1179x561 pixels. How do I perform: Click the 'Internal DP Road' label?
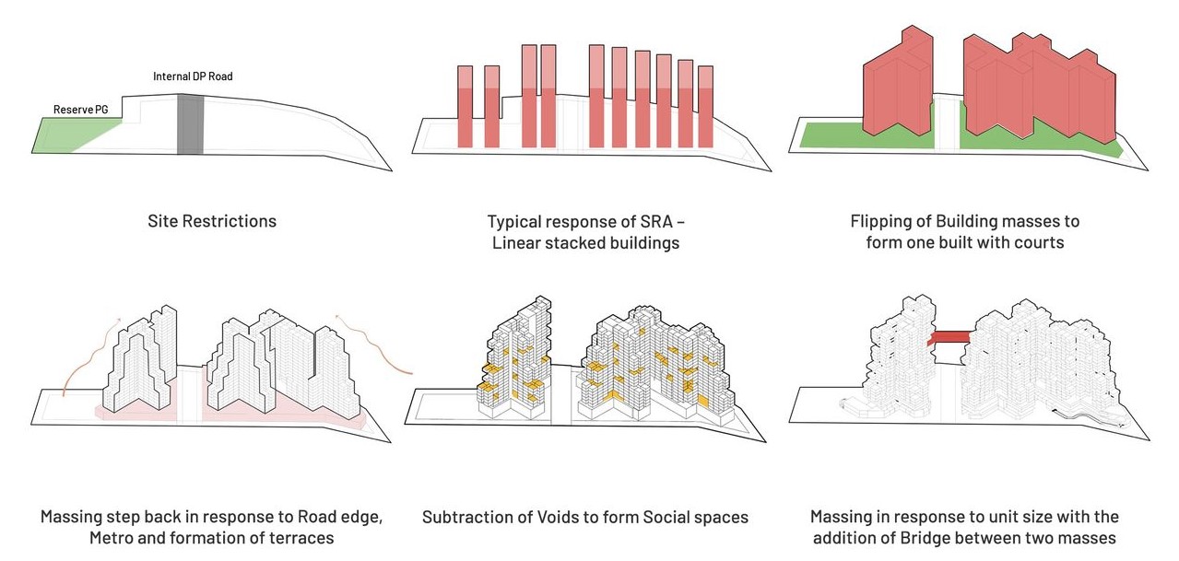point(193,76)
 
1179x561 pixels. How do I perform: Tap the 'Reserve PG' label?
point(80,110)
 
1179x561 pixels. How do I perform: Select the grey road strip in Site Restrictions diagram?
point(190,123)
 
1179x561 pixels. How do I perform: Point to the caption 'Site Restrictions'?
point(211,221)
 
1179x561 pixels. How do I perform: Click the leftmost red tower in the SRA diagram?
point(466,107)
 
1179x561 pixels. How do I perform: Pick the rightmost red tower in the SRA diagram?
point(706,107)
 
